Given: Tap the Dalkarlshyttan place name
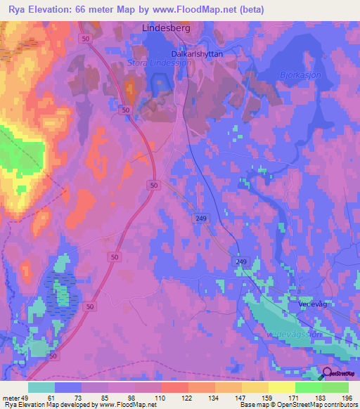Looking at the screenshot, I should [x=197, y=53].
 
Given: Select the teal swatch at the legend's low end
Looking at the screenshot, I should [x=41, y=387].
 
